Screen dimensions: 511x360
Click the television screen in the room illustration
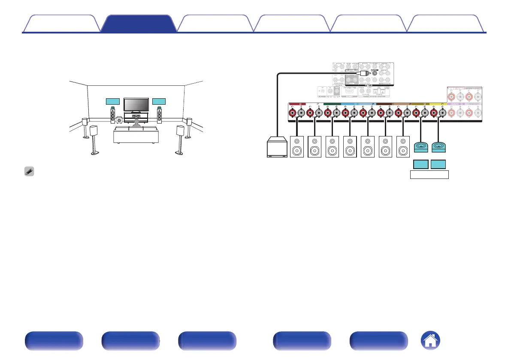click(136, 104)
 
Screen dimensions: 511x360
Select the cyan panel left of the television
click(112, 101)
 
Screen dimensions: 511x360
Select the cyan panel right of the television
click(159, 101)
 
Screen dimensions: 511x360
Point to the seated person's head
click(136, 123)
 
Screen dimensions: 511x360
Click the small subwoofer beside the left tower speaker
click(118, 121)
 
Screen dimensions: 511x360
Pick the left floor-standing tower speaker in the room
click(112, 114)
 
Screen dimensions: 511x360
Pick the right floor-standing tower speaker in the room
click(159, 114)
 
